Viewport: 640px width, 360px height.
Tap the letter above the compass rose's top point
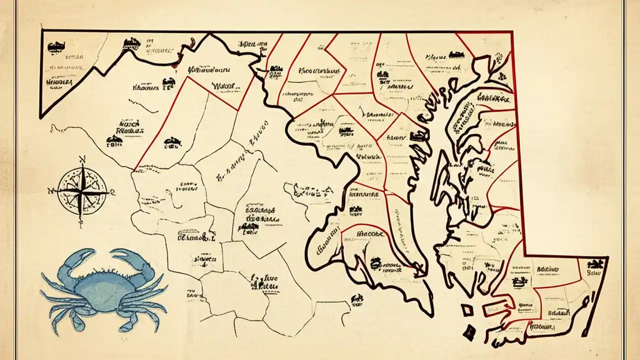(82, 159)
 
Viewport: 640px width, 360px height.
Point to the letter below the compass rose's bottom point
(81, 223)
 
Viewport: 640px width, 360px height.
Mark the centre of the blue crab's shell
(102, 285)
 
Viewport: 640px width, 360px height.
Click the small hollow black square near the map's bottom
(467, 310)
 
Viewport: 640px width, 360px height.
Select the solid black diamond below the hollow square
(469, 330)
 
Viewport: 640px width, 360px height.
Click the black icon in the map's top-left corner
(52, 46)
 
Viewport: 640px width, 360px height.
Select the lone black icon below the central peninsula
(357, 299)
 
